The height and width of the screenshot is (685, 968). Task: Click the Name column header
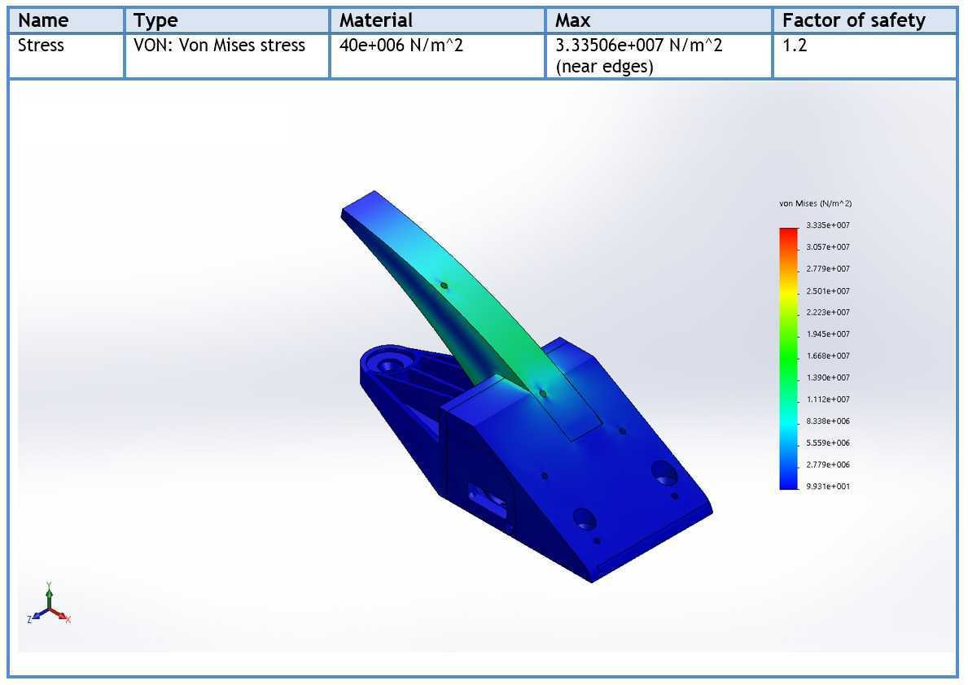(43, 20)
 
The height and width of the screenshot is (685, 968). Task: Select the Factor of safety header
(854, 20)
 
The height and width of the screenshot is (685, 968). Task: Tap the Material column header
(375, 20)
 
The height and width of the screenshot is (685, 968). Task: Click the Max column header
(572, 20)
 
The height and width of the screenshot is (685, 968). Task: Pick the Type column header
(155, 21)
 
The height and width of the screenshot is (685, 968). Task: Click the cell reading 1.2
(795, 45)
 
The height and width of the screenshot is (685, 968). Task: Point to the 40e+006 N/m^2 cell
(401, 45)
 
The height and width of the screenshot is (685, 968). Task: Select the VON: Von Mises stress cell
(219, 45)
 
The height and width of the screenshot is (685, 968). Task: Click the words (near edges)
(604, 67)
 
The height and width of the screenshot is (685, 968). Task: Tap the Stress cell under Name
(41, 45)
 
